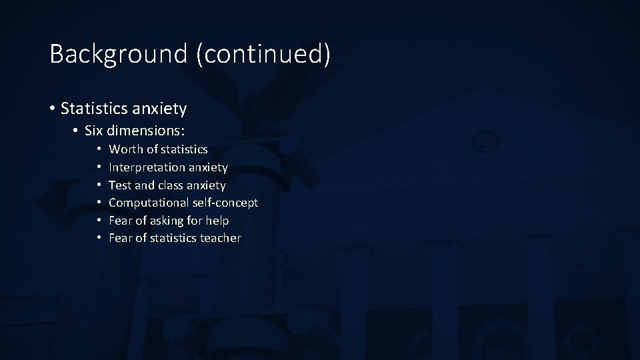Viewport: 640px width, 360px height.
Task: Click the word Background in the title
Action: click(x=119, y=54)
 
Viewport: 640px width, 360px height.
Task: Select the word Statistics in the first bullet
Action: click(x=90, y=107)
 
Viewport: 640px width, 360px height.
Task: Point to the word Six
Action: click(x=96, y=131)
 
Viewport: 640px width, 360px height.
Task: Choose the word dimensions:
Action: click(x=155, y=131)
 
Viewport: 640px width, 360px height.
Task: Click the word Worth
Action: click(x=125, y=149)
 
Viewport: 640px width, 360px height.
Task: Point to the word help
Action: click(x=217, y=221)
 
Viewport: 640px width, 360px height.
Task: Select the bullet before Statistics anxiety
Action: click(x=51, y=108)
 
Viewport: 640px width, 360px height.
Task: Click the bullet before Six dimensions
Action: click(x=77, y=131)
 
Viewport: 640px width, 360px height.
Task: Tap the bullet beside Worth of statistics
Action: click(x=97, y=149)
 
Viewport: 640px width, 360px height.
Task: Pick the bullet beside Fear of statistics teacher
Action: click(x=97, y=238)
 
